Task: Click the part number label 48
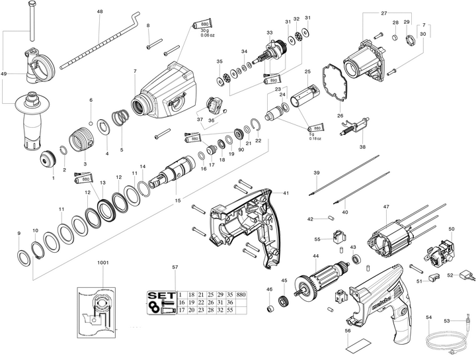[100, 13]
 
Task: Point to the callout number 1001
[102, 263]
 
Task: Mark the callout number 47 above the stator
[385, 207]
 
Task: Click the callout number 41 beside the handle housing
[286, 193]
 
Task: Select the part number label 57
[175, 267]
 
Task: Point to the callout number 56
[348, 330]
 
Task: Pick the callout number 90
[241, 150]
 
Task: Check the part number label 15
[176, 201]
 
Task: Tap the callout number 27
[383, 13]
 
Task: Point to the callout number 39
[317, 173]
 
